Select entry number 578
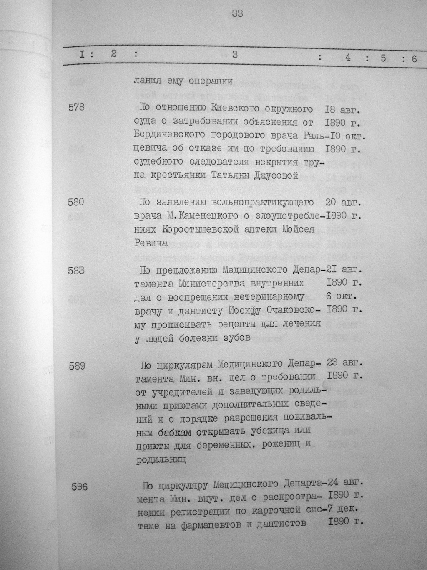76,108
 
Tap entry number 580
75,203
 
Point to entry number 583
76,270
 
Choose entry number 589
77,366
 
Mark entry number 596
79,486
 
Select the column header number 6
414,59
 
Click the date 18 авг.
342,110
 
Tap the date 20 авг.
342,203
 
